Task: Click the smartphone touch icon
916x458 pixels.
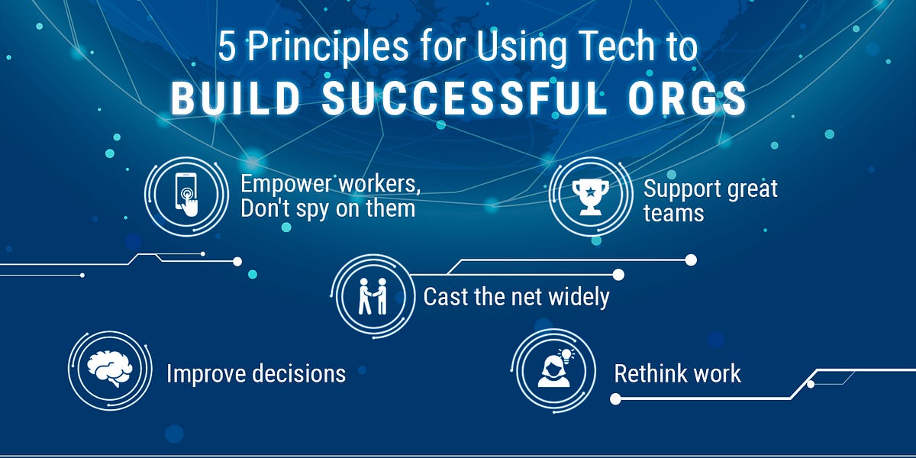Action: (186, 195)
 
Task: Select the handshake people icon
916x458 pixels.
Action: (373, 295)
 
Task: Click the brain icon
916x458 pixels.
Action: (110, 371)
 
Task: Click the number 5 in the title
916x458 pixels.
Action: (226, 48)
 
